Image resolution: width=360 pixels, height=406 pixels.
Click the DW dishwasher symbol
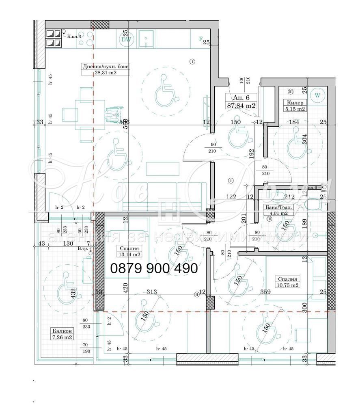pos(126,39)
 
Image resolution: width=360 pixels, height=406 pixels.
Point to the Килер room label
pos(295,103)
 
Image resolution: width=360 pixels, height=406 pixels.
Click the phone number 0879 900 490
pos(154,268)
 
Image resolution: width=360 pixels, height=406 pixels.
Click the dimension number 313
pos(151,292)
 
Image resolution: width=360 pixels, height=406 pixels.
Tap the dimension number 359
pos(265,292)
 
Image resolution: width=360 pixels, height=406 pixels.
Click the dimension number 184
pos(293,122)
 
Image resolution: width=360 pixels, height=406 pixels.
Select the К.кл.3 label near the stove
pos(74,37)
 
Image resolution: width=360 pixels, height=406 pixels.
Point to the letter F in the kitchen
pos(200,39)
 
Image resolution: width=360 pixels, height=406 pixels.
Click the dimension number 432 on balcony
pos(73,293)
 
